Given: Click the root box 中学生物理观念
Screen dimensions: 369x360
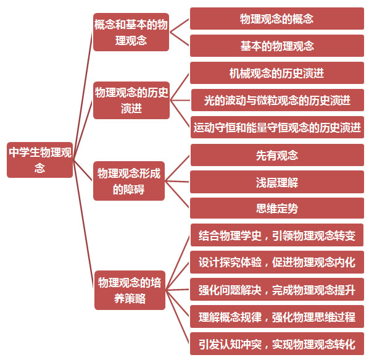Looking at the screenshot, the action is tap(39, 160).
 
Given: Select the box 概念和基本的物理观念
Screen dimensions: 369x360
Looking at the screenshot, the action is tap(131, 32).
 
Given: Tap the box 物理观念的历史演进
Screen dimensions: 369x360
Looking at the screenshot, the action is tap(131, 100).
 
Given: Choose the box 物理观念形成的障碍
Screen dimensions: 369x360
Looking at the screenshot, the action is tap(129, 181).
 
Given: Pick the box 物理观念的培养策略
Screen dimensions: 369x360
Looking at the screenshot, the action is tap(130, 290).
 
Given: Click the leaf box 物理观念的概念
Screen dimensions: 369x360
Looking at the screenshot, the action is tap(277, 19).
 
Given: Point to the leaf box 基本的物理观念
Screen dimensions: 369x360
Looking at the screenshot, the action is tap(277, 46).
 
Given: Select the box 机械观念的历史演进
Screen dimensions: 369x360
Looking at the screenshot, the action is tap(277, 73).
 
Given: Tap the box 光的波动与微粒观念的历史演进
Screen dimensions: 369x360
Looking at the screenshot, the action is tap(278, 100).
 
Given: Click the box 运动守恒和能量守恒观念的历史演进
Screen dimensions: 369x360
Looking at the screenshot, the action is tap(277, 127).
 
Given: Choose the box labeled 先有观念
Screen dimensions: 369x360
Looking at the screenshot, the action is tap(277, 155).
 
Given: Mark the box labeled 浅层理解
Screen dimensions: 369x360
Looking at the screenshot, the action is tap(277, 182).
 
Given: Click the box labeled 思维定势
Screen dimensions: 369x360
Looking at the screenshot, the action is tap(277, 208).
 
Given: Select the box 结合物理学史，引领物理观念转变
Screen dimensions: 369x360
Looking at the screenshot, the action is tap(277, 235).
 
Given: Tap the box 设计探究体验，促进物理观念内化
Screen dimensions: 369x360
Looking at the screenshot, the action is tap(277, 262).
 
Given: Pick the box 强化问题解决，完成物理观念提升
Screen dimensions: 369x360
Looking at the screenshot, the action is tap(277, 290).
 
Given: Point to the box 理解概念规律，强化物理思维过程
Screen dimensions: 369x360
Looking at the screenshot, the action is tap(277, 317).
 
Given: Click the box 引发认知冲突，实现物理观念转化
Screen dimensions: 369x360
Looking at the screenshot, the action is tap(277, 344).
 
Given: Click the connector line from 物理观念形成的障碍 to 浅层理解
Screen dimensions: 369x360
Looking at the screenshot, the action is tap(177, 182).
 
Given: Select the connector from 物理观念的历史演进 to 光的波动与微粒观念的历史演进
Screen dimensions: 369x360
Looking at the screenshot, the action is tap(180, 100).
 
